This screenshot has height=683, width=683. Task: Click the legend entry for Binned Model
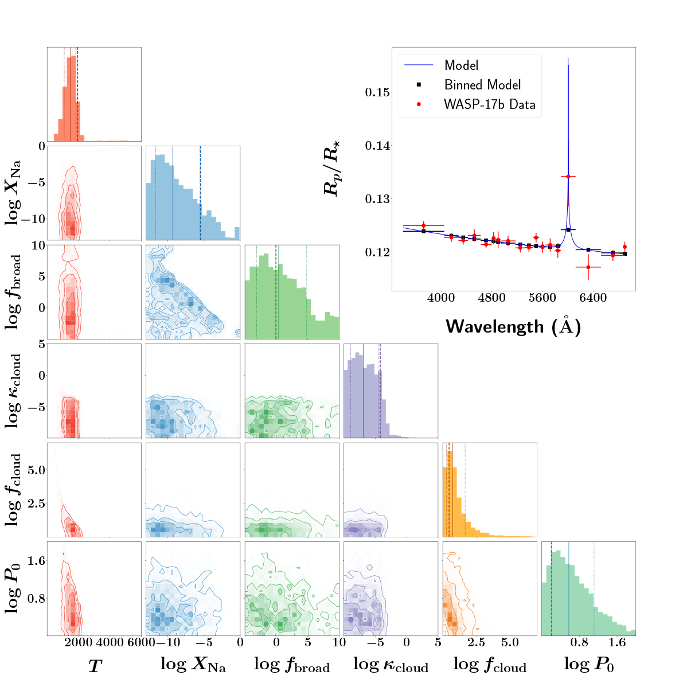click(x=482, y=85)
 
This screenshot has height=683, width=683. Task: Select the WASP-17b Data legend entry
click(x=489, y=104)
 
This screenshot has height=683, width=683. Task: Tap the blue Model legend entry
click(x=461, y=65)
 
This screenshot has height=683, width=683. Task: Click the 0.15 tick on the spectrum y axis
click(x=377, y=92)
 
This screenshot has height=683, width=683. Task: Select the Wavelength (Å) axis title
click(x=513, y=326)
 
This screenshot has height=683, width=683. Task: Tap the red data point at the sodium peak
click(x=568, y=177)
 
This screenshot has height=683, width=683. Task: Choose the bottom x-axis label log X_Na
click(x=193, y=665)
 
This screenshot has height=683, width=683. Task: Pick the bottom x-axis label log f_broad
click(x=291, y=665)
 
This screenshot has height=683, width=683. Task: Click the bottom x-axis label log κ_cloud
click(x=391, y=665)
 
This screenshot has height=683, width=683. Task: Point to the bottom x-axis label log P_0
click(x=588, y=665)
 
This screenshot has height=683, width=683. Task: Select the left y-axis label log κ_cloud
click(x=15, y=390)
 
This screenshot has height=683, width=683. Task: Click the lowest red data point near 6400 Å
click(x=588, y=267)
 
